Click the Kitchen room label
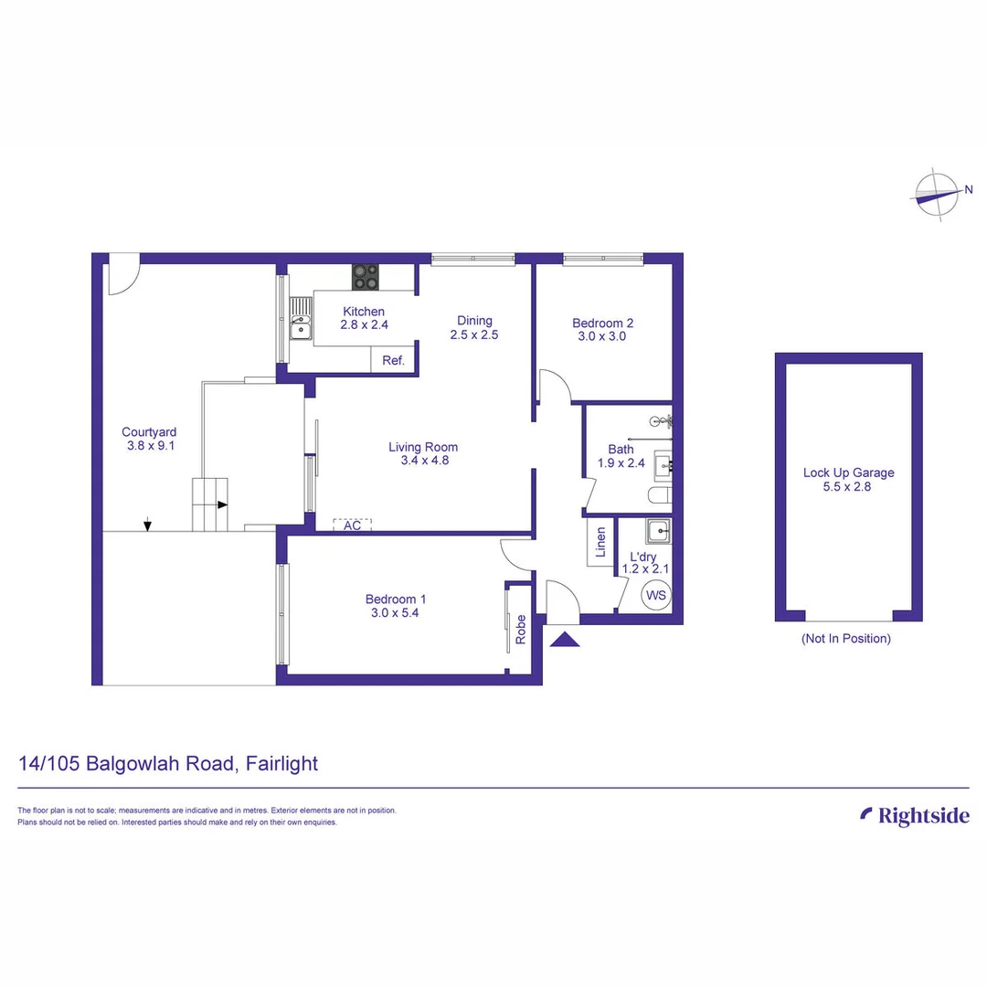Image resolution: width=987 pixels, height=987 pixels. pyautogui.click(x=364, y=312)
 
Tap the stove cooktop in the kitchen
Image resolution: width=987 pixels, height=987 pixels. pyautogui.click(x=366, y=276)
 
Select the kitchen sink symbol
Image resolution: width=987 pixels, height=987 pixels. pyautogui.click(x=301, y=319)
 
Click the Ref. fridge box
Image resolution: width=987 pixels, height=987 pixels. pyautogui.click(x=393, y=360)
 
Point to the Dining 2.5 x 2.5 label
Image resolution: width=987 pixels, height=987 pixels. pyautogui.click(x=474, y=327)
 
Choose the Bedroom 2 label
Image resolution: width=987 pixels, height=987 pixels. pyautogui.click(x=602, y=323)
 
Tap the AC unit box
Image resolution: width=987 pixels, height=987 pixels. pyautogui.click(x=353, y=525)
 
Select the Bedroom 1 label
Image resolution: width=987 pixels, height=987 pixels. pyautogui.click(x=396, y=600)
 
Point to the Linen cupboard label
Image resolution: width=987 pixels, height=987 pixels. pyautogui.click(x=600, y=542)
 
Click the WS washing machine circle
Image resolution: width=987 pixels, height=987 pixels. pyautogui.click(x=656, y=596)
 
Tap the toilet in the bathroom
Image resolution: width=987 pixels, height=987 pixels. pyautogui.click(x=660, y=495)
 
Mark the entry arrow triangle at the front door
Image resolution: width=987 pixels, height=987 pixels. pyautogui.click(x=566, y=640)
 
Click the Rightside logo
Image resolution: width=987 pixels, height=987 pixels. pyautogui.click(x=915, y=816)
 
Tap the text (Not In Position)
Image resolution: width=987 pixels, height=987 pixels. pyautogui.click(x=845, y=639)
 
